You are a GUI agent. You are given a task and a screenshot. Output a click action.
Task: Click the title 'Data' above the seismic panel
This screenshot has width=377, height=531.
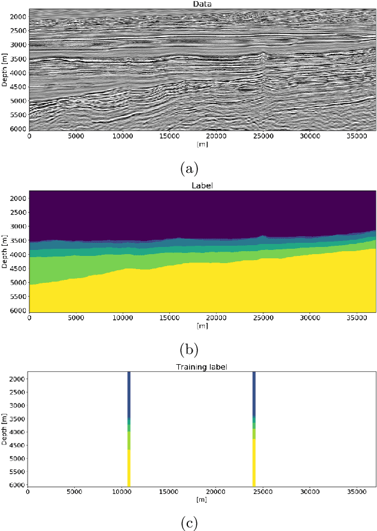pos(202,4)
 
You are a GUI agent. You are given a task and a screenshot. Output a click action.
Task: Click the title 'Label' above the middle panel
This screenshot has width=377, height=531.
pos(202,185)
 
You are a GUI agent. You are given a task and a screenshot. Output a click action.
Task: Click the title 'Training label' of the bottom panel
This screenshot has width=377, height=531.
pos(202,366)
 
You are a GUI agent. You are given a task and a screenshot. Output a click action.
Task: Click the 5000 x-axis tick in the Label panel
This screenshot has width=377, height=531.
pos(76,318)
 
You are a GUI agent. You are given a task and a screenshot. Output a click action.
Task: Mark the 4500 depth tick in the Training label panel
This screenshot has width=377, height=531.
pos(17,445)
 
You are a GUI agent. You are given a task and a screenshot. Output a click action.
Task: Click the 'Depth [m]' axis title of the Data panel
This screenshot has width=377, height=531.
pos(5,69)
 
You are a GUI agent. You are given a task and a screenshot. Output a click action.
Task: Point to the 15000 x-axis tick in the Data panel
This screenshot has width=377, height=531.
pos(170,136)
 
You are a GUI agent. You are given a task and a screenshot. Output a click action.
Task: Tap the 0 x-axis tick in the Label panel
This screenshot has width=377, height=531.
pos(30,318)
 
